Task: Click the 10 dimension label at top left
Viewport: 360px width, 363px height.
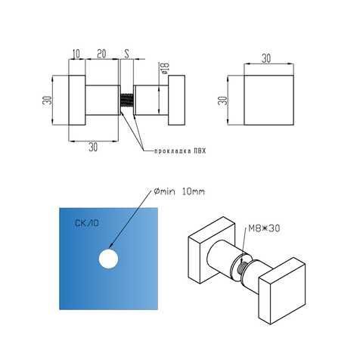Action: click(x=76, y=54)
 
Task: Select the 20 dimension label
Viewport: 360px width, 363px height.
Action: click(x=101, y=54)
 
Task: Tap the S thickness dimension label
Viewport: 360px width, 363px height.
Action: click(x=127, y=54)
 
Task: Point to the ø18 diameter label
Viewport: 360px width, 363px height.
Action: click(x=166, y=68)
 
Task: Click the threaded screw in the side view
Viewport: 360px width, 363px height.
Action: click(x=127, y=101)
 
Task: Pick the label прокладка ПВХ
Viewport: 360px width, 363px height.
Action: click(x=180, y=151)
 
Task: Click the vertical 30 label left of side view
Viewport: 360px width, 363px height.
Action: click(x=49, y=101)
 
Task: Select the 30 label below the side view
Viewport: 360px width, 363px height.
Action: click(x=93, y=147)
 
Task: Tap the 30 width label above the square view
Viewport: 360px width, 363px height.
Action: click(x=266, y=58)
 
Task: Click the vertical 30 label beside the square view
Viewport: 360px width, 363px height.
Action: click(x=224, y=101)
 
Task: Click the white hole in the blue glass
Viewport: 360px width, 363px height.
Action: click(x=108, y=259)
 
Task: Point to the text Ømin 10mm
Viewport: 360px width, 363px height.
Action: click(x=179, y=192)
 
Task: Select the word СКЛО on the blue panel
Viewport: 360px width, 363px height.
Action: click(x=87, y=223)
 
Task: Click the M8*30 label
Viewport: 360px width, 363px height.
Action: click(x=264, y=228)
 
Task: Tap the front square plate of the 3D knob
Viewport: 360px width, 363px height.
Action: click(x=282, y=291)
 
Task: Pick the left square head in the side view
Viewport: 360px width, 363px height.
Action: click(x=77, y=101)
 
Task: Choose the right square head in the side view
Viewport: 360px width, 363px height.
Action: click(x=177, y=100)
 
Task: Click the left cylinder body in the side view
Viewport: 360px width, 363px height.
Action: click(x=103, y=101)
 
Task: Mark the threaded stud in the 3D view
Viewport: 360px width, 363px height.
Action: click(x=244, y=266)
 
